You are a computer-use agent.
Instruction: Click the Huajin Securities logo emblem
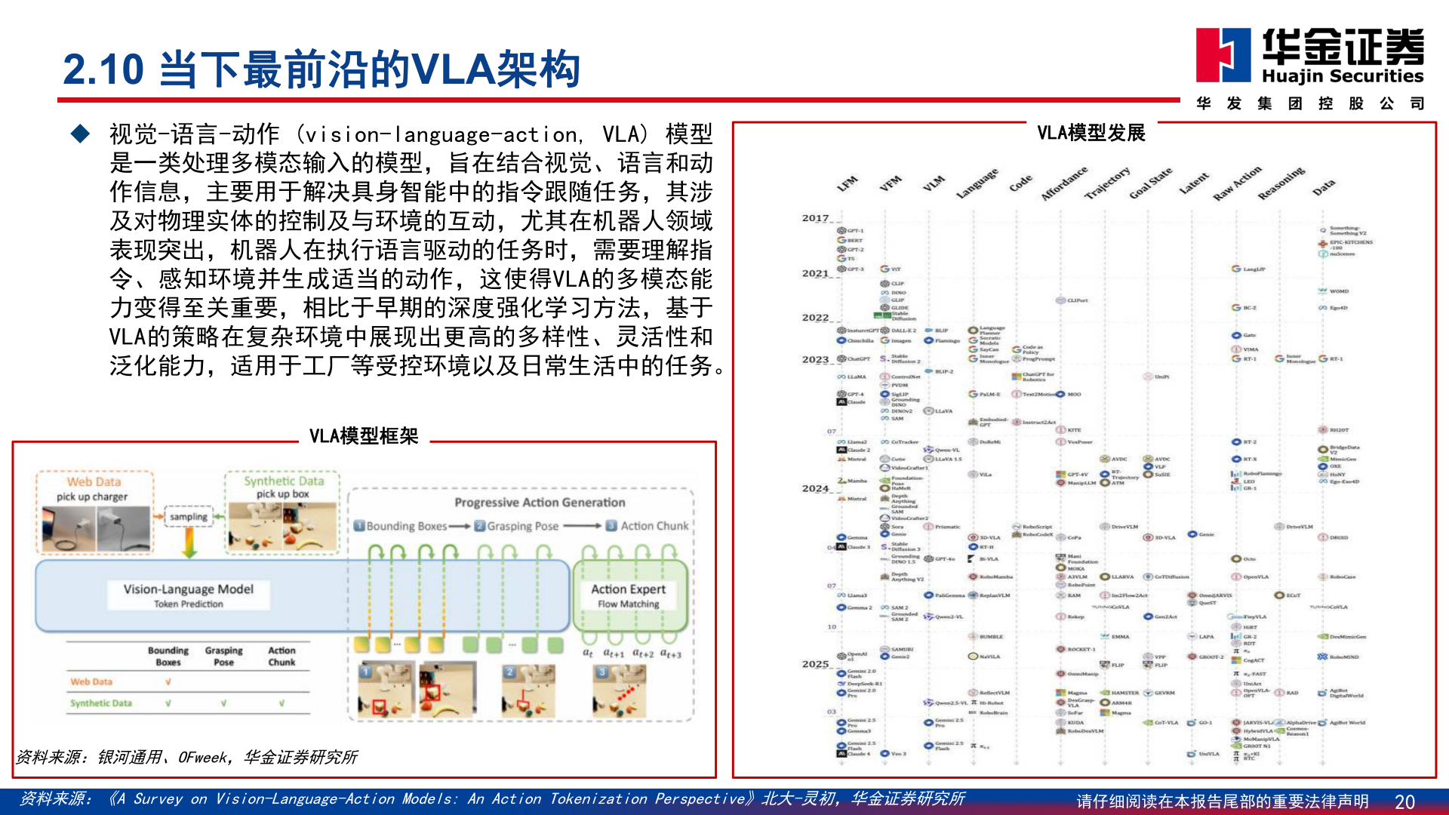click(1223, 55)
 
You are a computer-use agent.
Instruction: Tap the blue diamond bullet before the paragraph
click(80, 134)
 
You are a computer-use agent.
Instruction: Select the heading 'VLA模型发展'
click(1091, 134)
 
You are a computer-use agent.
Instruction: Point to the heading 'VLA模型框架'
click(363, 436)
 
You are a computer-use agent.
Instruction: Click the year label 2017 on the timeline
click(815, 218)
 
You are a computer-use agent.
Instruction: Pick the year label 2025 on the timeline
click(815, 664)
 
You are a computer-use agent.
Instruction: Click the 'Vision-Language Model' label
click(189, 589)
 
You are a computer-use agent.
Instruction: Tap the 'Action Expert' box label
click(628, 589)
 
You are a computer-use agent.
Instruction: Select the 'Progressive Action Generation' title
click(540, 503)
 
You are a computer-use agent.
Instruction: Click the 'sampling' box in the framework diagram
click(188, 517)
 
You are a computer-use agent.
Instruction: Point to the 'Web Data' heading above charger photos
click(94, 481)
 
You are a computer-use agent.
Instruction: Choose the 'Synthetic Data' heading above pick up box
click(284, 481)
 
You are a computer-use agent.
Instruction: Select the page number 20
click(1404, 801)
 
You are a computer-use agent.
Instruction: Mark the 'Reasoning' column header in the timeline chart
click(1281, 183)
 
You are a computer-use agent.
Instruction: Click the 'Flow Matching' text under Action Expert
click(628, 604)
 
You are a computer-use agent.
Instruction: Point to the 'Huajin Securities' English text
click(1343, 76)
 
